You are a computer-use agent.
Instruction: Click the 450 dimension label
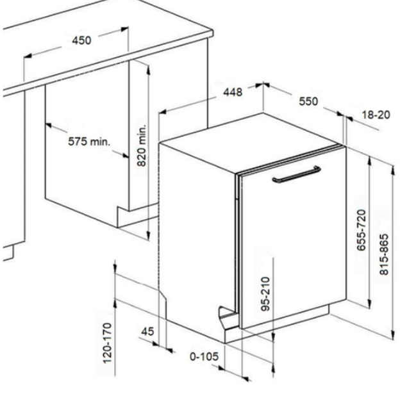(81, 40)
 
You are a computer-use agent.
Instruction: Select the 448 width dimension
(233, 92)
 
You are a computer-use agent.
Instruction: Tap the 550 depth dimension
(308, 101)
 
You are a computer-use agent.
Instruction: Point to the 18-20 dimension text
(376, 115)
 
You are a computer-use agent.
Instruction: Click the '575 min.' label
(89, 142)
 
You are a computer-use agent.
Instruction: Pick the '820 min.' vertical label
(142, 145)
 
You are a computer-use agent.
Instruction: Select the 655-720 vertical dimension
(362, 230)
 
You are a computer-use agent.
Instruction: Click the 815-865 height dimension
(384, 254)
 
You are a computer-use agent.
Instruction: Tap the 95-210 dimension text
(265, 294)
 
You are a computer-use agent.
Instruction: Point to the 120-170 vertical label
(107, 343)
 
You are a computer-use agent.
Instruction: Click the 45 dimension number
(147, 331)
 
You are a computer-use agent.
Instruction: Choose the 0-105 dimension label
(204, 356)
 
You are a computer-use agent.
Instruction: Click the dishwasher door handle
(296, 175)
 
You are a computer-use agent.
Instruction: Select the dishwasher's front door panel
(293, 238)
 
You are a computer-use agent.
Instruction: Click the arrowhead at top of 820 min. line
(148, 67)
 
